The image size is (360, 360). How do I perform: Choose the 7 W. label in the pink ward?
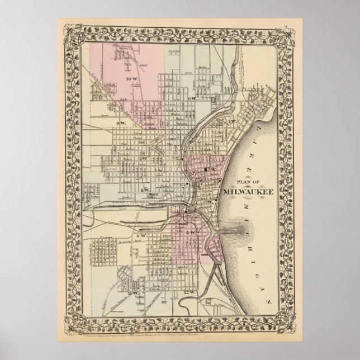tap(212, 169)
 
